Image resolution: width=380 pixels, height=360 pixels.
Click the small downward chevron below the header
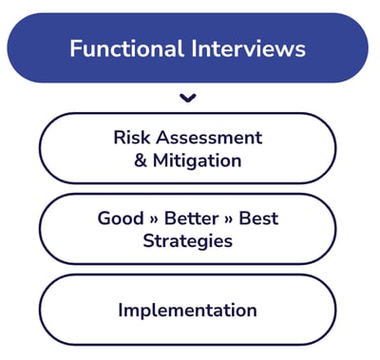188,97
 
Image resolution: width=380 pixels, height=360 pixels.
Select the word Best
258,218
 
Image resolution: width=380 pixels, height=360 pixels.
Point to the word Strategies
187,241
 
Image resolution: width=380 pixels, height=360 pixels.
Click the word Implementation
187,311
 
